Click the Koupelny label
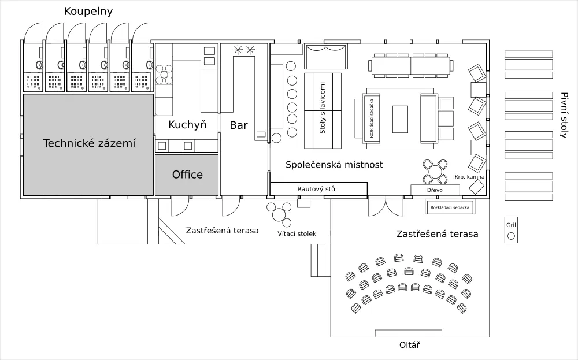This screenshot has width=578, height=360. click(88, 12)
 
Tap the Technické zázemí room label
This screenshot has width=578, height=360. click(89, 143)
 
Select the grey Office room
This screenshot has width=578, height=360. click(187, 175)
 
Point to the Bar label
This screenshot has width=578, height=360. click(239, 125)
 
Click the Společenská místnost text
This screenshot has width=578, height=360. click(334, 165)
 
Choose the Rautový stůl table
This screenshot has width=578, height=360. click(318, 189)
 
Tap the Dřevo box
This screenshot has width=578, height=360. click(435, 190)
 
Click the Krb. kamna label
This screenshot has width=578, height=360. click(469, 177)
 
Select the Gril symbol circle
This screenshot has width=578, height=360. click(511, 236)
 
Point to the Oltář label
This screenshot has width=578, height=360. click(409, 346)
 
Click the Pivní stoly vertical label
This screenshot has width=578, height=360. click(564, 115)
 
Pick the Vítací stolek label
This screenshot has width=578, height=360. click(297, 233)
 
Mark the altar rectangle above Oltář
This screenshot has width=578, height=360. click(409, 333)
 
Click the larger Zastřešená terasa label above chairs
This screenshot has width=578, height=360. click(437, 234)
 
